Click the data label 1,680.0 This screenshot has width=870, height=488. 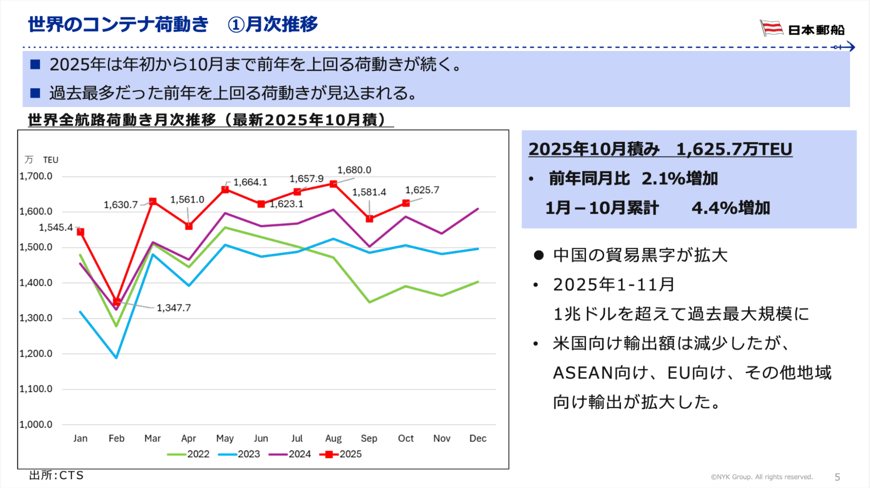tap(354, 170)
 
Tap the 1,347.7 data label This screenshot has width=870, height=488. tap(174, 308)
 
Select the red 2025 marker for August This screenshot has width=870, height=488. tap(333, 184)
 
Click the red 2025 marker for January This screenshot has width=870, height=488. tap(81, 232)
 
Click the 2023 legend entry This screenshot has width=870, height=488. tap(239, 454)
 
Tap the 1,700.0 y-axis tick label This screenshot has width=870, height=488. tap(36, 176)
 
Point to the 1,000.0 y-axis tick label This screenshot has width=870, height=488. tap(36, 424)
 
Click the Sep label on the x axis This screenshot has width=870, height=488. tap(369, 438)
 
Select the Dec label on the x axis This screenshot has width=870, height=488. tap(478, 438)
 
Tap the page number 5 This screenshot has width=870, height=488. tap(837, 477)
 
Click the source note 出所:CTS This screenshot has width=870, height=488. tap(56, 475)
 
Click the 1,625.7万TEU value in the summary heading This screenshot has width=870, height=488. tap(734, 149)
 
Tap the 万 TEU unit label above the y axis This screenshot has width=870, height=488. tap(42, 160)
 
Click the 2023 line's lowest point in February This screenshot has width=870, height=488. tap(117, 358)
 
